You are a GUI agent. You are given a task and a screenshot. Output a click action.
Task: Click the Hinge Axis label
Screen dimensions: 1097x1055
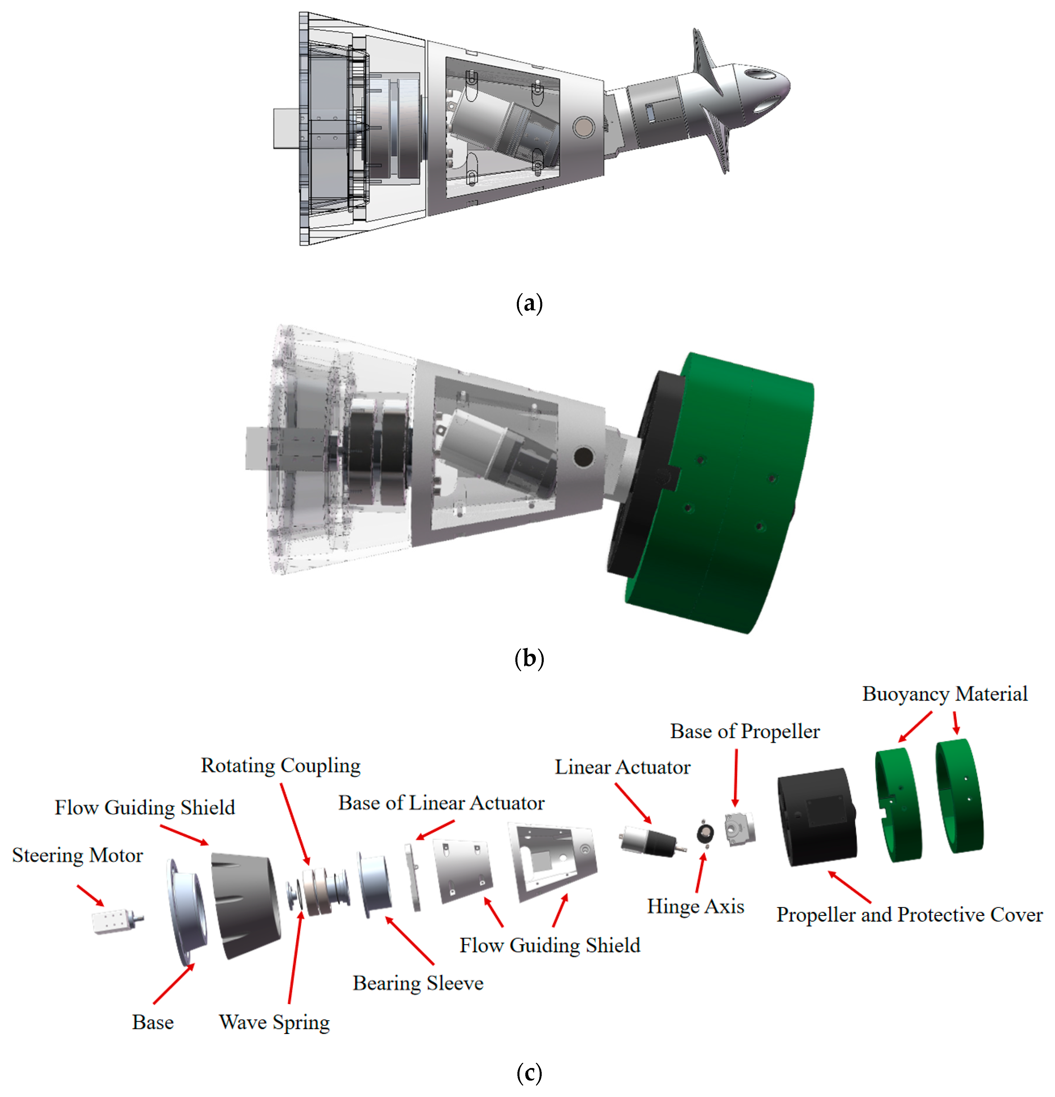coord(695,906)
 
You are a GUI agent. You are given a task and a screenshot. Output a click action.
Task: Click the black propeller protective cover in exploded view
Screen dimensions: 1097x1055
coord(817,817)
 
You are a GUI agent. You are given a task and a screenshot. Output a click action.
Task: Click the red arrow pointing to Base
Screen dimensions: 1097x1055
coord(173,983)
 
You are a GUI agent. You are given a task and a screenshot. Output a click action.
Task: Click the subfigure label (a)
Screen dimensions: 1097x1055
coord(529,303)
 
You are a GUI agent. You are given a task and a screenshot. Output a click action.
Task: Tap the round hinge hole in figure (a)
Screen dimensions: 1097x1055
coord(583,128)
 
